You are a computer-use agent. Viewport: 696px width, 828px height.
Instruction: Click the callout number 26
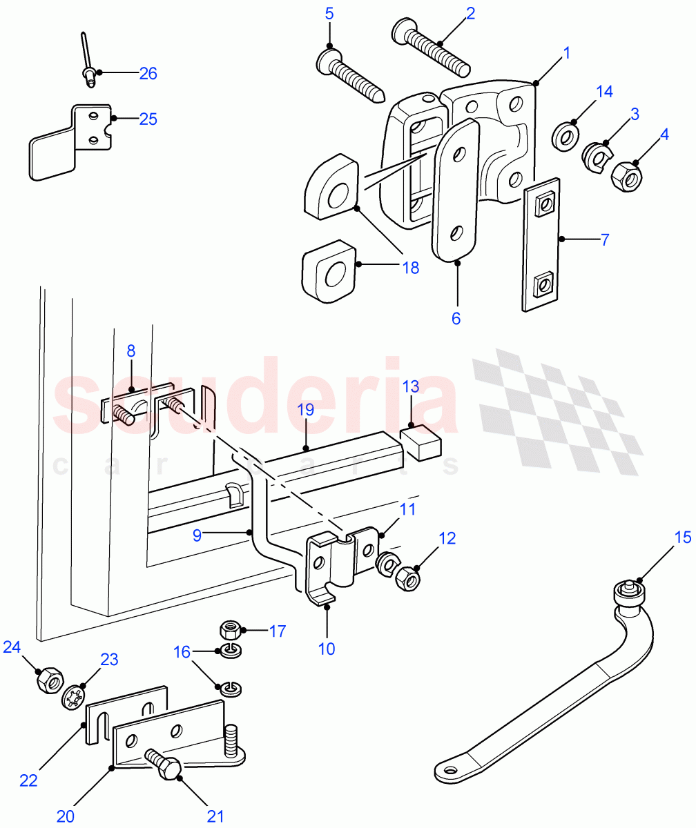pos(148,73)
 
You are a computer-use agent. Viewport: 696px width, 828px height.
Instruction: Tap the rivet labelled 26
pos(88,66)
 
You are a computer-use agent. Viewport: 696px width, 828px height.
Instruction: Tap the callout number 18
pos(410,268)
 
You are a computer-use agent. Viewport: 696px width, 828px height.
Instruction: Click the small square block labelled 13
pos(420,443)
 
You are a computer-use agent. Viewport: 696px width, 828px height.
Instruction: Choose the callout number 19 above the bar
pos(305,410)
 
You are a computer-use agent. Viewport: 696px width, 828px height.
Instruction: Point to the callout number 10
pos(327,649)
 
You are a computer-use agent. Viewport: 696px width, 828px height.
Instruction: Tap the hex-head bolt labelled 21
pos(164,765)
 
